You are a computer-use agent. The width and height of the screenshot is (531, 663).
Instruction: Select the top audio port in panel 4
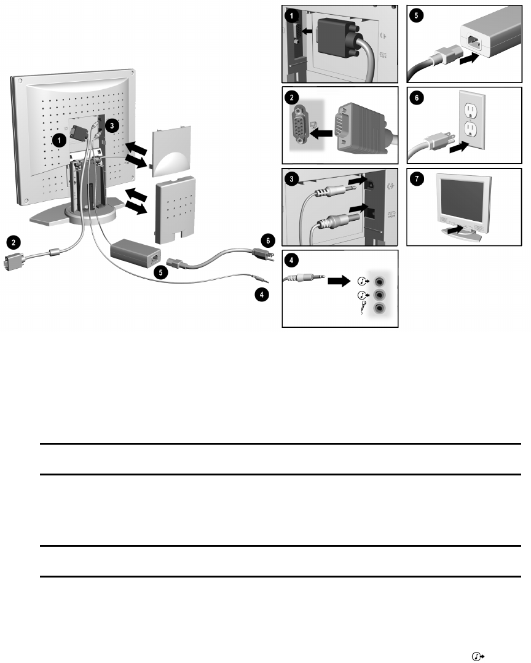[x=381, y=281]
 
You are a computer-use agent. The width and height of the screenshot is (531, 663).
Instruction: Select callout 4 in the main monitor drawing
[x=262, y=295]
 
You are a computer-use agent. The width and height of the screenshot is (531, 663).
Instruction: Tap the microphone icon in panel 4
[x=364, y=308]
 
